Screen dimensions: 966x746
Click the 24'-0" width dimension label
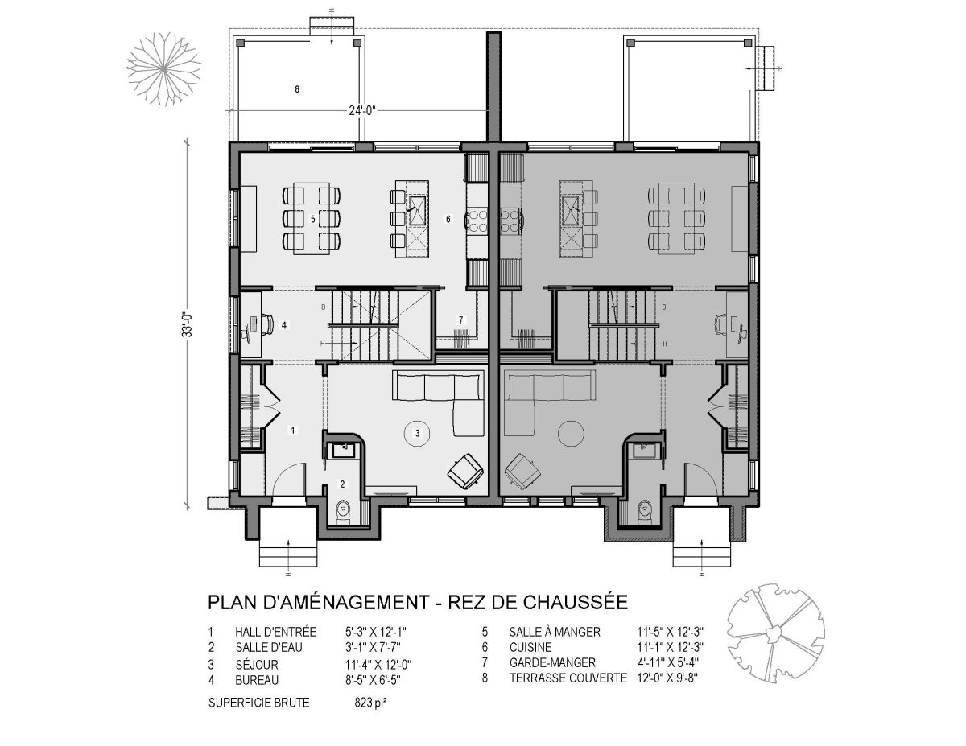[362, 110]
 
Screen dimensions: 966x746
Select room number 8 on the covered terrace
[297, 89]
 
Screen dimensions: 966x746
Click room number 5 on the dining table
[313, 219]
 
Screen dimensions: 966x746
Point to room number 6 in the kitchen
[448, 219]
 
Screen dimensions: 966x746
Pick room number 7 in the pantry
[461, 319]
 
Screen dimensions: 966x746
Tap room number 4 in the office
[284, 325]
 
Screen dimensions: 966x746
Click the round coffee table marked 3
[417, 433]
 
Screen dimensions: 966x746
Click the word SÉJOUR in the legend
[257, 665]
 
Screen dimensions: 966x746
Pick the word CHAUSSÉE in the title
[576, 603]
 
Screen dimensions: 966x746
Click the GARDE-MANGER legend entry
[552, 662]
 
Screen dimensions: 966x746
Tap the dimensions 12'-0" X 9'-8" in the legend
[667, 678]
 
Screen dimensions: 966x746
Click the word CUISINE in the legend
[530, 647]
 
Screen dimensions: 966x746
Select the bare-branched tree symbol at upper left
[163, 69]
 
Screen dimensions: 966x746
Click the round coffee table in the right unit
[571, 433]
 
